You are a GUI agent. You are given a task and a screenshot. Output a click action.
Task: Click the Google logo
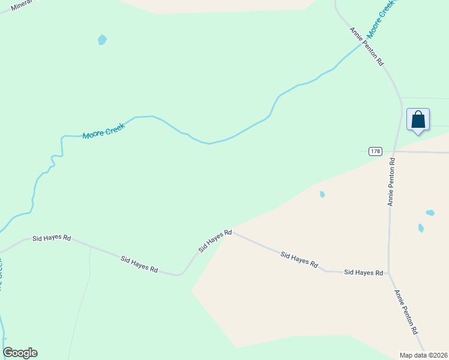(20, 353)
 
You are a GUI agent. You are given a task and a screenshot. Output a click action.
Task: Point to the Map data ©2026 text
(424, 355)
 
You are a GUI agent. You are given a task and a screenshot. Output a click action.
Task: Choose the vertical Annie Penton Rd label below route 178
(391, 182)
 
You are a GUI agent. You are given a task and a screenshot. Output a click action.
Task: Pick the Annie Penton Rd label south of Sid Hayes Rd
(406, 312)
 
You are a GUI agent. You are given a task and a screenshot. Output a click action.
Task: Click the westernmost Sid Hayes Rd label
(51, 238)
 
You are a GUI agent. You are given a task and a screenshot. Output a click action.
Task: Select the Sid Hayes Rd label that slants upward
(215, 240)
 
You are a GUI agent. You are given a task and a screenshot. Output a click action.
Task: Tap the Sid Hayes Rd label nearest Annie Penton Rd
(363, 272)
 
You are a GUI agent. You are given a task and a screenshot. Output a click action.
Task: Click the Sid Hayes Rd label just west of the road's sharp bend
(139, 265)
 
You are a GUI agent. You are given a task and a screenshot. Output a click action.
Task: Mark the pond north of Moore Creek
(102, 40)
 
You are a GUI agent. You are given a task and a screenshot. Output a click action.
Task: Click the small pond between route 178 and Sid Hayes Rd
(322, 194)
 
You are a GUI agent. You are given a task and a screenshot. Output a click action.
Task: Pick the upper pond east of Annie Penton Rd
(430, 212)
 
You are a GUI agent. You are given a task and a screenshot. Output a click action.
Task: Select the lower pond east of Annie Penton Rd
(421, 228)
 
